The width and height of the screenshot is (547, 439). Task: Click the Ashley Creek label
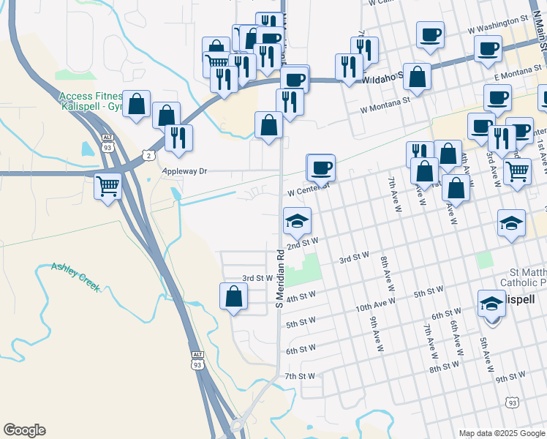click(75, 277)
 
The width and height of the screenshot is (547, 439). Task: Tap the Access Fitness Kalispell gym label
click(91, 101)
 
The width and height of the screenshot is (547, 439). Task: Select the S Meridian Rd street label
click(279, 280)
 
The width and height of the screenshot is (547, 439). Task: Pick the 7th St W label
click(300, 375)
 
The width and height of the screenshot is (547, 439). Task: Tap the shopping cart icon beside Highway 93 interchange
click(107, 187)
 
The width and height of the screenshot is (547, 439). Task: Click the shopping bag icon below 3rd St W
click(233, 296)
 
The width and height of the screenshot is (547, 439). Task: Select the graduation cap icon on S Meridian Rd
click(297, 220)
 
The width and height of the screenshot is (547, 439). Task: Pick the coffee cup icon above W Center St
click(321, 168)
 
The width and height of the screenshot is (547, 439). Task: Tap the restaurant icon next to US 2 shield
click(178, 137)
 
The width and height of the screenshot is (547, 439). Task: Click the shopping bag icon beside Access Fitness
click(137, 104)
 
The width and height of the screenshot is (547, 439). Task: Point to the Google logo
click(24, 430)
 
